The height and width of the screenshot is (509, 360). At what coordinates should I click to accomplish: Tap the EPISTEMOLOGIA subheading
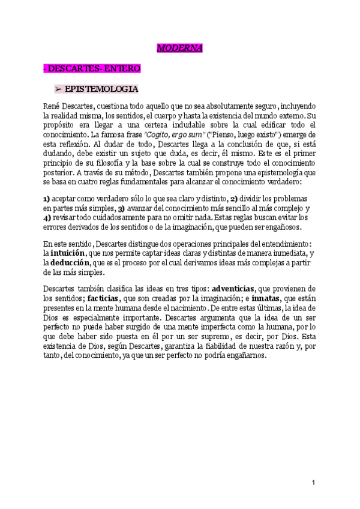[101, 89]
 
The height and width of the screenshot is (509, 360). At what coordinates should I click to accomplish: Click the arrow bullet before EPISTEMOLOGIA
[59, 89]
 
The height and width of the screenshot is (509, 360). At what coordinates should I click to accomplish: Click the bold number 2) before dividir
[235, 199]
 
